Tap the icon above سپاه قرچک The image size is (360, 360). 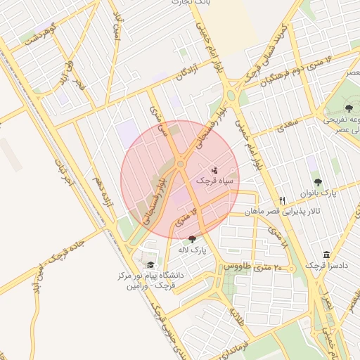click(x=215, y=169)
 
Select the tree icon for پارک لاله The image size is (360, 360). click(x=193, y=239)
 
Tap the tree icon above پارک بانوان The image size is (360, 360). click(x=317, y=181)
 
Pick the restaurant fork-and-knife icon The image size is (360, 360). click(x=282, y=199)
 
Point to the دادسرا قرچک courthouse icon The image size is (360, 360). click(x=326, y=255)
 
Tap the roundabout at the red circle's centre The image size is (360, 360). click(x=181, y=164)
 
